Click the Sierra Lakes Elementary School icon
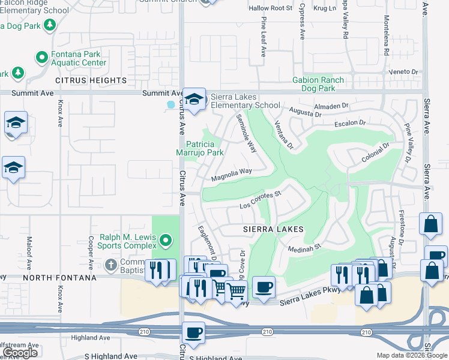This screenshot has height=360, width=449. click(194, 101)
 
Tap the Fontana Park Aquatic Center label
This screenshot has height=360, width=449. click(79, 58)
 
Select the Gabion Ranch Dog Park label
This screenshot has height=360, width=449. click(318, 84)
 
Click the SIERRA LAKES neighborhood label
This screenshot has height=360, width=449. click(273, 229)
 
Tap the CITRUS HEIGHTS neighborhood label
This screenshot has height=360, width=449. click(91, 80)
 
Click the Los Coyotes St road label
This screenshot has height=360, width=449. click(261, 200)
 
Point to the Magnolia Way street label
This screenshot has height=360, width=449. click(232, 175)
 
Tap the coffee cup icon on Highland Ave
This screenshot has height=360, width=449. click(193, 333)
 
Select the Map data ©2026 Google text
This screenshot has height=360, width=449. click(412, 355)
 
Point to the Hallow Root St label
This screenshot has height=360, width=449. click(271, 8)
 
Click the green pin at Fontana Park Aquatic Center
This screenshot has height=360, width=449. click(42, 58)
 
